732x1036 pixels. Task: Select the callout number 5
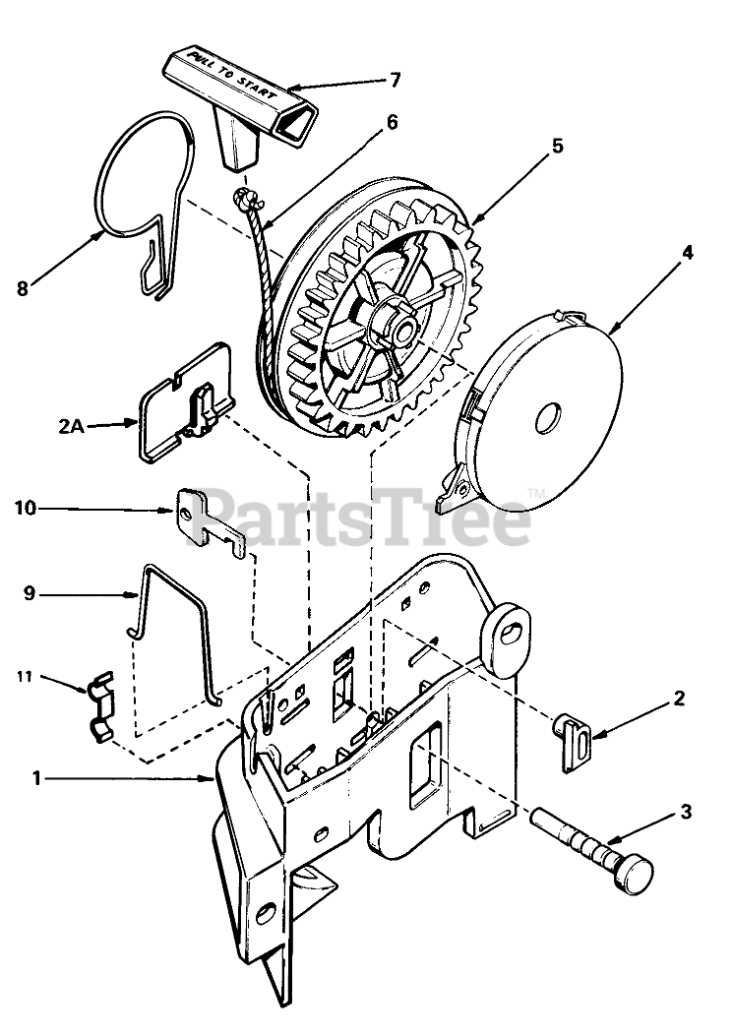click(x=557, y=147)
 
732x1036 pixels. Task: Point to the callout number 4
click(x=687, y=252)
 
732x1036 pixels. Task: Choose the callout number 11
click(x=25, y=676)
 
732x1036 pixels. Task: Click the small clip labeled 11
click(x=100, y=707)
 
